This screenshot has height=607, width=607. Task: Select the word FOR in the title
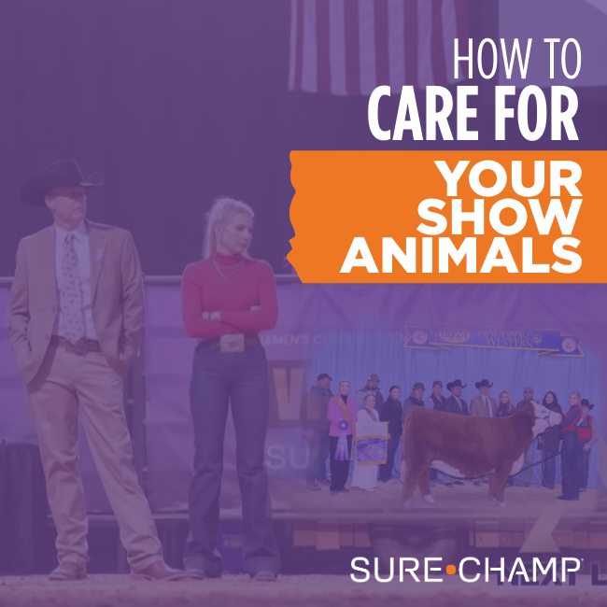538,114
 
